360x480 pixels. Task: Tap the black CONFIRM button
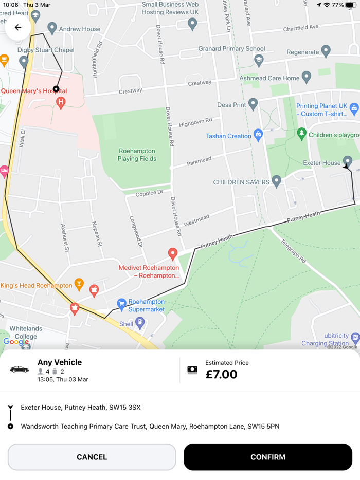coord(268,457)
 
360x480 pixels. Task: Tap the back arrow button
coord(18,28)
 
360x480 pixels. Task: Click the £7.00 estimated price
coord(222,374)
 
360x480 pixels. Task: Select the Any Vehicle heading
coord(60,362)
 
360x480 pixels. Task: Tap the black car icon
coord(20,369)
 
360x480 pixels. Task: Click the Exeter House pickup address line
coord(81,408)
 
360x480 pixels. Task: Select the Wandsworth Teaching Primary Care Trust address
coord(150,426)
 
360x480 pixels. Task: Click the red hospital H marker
coord(61,102)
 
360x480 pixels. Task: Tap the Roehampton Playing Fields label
coord(137,155)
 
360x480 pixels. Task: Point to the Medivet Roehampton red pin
coord(173,253)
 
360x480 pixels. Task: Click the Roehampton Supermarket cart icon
coord(121,304)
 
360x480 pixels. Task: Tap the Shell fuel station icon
coord(140,323)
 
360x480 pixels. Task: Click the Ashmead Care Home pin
coord(307,77)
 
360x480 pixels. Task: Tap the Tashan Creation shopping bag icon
coord(258,135)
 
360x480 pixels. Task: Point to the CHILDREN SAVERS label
coord(241,182)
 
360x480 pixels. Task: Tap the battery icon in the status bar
coord(350,5)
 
